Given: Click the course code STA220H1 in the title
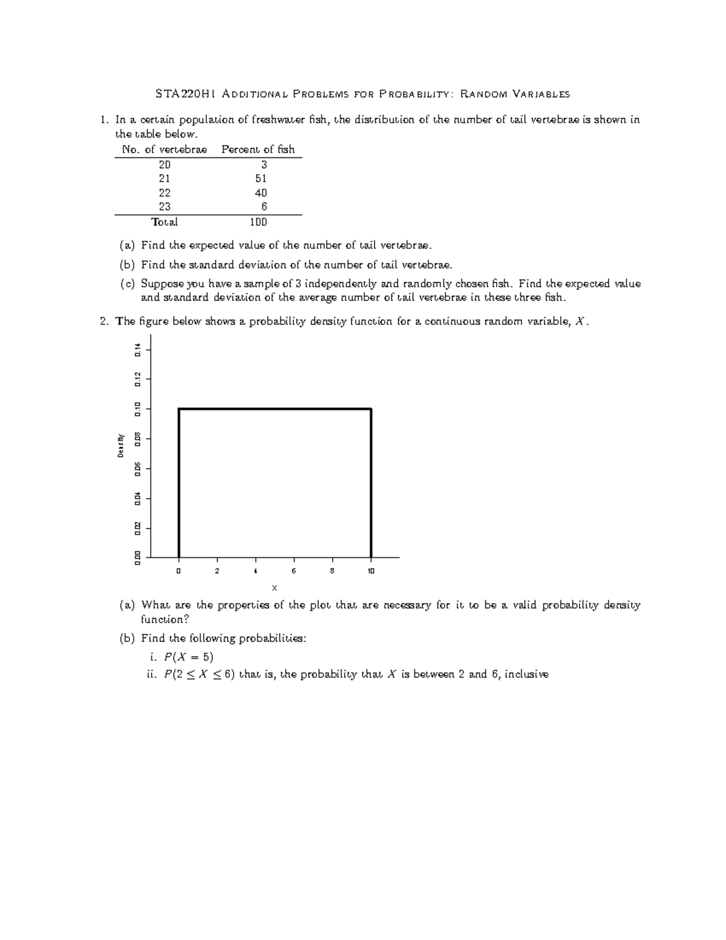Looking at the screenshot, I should [186, 94].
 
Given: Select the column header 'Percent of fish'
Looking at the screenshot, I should [258, 150].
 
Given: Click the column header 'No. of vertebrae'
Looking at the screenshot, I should [165, 150].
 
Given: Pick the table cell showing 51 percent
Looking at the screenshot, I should [261, 179].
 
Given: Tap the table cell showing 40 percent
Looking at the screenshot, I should [261, 193].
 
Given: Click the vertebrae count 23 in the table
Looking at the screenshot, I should [165, 206].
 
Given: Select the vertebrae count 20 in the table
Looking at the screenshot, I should [165, 165].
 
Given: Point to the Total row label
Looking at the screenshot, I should [165, 222].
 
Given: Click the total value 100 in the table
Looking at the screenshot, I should [258, 222].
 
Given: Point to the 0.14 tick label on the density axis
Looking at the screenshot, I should [138, 349].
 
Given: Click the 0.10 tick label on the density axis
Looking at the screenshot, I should [138, 409].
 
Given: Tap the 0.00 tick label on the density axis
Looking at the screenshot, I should [138, 557].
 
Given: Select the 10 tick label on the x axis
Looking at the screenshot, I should [371, 571].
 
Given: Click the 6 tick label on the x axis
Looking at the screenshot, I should [294, 571].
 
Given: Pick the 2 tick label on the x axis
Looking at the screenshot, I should [217, 571].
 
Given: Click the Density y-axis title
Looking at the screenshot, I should [121, 445].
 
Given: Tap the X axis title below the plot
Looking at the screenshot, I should [274, 588].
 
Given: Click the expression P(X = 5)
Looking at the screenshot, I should [189, 657].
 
